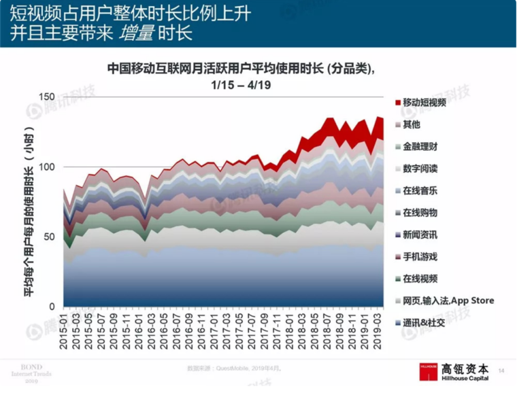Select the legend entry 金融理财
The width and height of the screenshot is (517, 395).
coord(420,147)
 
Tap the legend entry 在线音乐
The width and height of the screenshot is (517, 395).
coord(420,190)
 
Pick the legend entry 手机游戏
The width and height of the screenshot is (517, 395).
coord(420,256)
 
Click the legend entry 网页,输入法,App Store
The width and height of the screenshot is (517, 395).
coord(448,300)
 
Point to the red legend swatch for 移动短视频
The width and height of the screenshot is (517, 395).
coord(397,103)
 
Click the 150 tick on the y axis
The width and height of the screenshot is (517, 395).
coord(46,97)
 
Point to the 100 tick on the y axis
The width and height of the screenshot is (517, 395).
coord(46,167)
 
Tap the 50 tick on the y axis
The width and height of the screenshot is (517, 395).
coord(48,237)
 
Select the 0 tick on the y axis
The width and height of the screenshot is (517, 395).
coord(51,307)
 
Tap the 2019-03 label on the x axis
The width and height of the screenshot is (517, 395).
coord(373,331)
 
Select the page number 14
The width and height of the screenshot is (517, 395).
coord(501,371)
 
